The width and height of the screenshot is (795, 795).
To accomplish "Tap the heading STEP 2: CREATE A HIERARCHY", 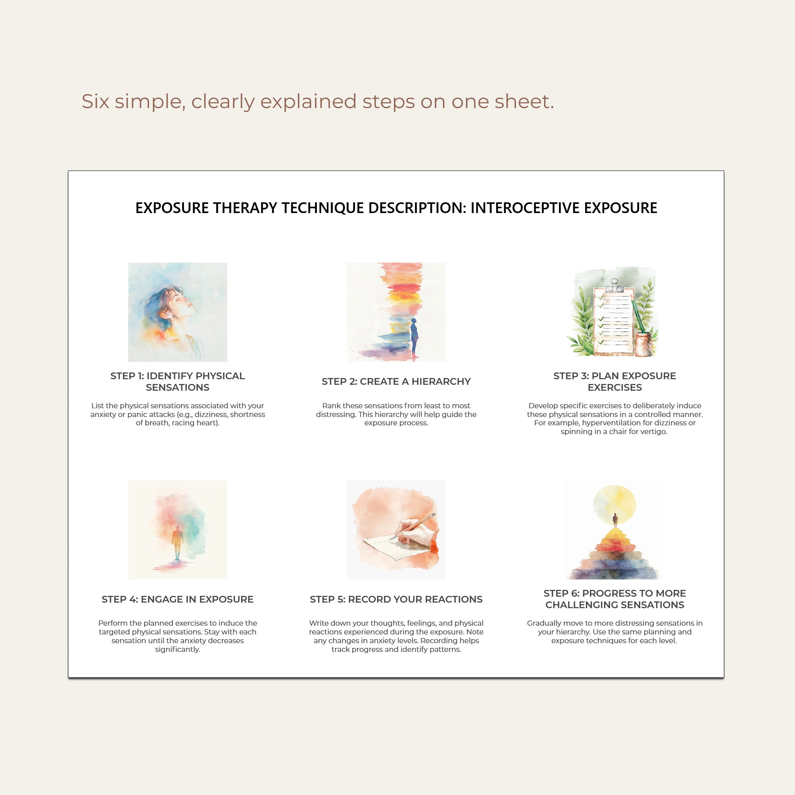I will [396, 382].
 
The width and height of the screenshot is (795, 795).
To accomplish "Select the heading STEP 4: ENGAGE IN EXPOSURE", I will [177, 599].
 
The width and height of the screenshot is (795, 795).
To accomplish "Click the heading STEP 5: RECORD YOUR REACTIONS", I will [396, 599].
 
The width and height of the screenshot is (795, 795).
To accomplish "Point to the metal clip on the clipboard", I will [615, 285].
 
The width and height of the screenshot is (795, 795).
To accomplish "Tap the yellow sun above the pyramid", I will [615, 504].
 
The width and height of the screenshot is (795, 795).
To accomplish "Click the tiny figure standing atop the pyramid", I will [615, 520].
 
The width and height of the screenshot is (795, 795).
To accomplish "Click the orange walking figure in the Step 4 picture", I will [177, 541].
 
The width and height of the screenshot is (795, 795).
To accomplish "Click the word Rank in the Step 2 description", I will [331, 406].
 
